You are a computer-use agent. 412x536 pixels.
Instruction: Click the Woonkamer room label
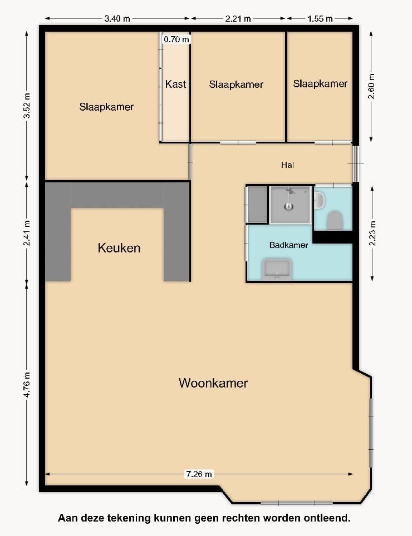(x=213, y=383)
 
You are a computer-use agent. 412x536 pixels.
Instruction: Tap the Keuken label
(x=119, y=248)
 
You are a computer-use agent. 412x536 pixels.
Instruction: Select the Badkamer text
(x=288, y=245)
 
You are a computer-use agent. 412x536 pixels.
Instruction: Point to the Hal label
(x=287, y=165)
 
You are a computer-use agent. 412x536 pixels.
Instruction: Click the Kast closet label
(x=175, y=85)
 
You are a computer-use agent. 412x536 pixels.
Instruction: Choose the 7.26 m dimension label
(x=199, y=474)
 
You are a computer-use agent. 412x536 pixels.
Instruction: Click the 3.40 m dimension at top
(x=117, y=18)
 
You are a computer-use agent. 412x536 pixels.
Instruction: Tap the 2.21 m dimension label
(x=238, y=18)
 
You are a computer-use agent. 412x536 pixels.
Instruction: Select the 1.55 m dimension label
(x=320, y=18)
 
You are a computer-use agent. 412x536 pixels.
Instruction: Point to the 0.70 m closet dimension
(x=176, y=39)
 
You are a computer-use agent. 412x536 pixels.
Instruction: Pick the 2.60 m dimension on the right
(x=371, y=86)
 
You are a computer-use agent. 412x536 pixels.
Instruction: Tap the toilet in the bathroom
(x=335, y=220)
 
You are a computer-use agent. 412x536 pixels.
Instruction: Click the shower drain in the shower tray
(x=288, y=207)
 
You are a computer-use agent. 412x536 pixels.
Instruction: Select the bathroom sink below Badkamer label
(x=277, y=268)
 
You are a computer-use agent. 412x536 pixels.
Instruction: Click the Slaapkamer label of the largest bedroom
(x=106, y=107)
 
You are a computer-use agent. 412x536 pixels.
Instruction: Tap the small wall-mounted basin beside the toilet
(x=319, y=201)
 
